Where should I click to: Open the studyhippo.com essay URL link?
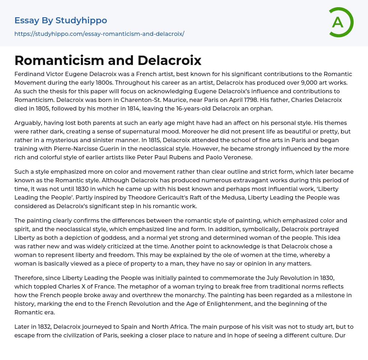tap(99, 34)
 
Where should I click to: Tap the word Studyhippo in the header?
tap(81, 20)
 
